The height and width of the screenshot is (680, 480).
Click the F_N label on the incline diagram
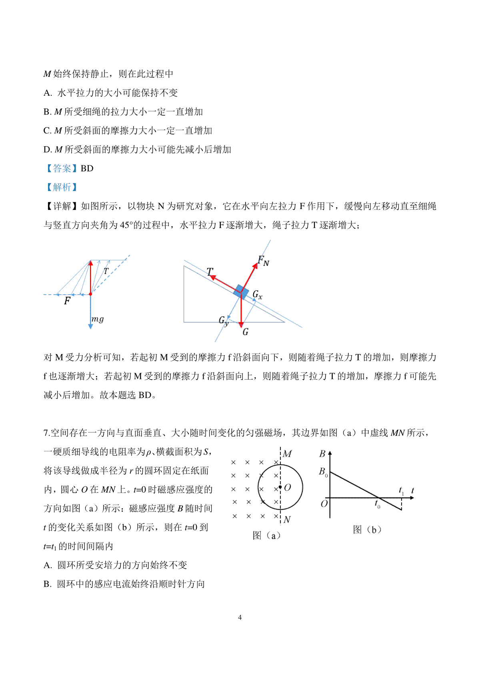tap(263, 261)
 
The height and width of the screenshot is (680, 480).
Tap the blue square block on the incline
tap(241, 292)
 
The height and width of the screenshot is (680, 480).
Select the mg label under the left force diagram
tap(98, 319)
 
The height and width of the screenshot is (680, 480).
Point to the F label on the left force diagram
tap(67, 300)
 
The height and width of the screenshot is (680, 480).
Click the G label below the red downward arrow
tap(245, 332)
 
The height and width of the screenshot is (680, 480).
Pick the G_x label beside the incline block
tap(257, 296)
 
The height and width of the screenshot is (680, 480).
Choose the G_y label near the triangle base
tap(224, 321)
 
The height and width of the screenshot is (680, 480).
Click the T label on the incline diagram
tap(210, 272)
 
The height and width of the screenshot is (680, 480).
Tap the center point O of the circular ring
tap(280, 487)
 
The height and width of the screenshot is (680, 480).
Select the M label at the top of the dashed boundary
tap(287, 454)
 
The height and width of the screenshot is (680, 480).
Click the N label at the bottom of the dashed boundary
tap(287, 520)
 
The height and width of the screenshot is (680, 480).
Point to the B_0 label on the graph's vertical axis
tap(323, 472)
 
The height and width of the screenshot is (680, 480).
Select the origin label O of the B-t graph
tap(324, 503)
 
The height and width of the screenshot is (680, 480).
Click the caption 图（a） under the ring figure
tap(266, 535)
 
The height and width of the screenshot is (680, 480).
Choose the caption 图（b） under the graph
tap(367, 530)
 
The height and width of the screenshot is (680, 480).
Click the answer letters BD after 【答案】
tap(87, 169)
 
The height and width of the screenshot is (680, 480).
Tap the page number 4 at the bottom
tap(240, 617)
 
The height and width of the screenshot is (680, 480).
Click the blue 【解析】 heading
tap(62, 187)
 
